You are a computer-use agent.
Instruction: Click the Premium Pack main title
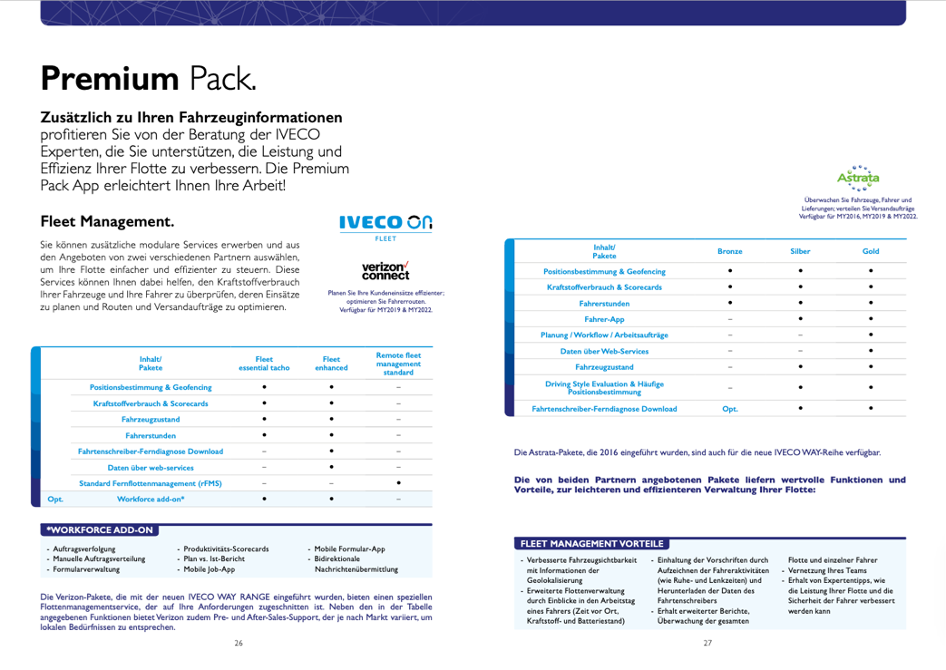coord(148,78)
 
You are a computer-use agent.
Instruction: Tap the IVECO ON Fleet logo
coord(385,224)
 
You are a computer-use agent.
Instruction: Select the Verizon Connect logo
coord(385,270)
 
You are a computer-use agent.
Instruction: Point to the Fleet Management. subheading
coord(107,221)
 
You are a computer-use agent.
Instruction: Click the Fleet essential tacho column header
coord(264,364)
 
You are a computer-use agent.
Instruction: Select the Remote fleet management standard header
coord(398,364)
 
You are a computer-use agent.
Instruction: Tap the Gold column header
coord(871,251)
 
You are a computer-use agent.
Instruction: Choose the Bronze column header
coord(729,251)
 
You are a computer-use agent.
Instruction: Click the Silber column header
coord(800,251)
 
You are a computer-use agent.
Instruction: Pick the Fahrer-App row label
coord(604,319)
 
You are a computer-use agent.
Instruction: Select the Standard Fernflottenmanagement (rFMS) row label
coord(151,482)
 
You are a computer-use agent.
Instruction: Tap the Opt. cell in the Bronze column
coord(729,409)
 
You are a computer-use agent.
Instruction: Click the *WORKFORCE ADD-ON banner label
coord(101,529)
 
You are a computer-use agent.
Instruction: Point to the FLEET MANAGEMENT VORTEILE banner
coord(591,544)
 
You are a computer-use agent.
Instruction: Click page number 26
coord(239,643)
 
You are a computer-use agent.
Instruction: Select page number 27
coord(708,643)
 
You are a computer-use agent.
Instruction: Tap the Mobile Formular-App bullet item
coord(349,549)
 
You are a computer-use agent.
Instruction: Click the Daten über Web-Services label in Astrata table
coord(604,351)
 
